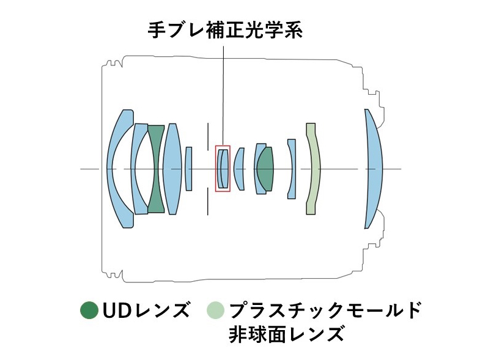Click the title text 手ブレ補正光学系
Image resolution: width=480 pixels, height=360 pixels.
(224, 31)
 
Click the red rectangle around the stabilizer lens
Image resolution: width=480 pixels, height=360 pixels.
(223, 147)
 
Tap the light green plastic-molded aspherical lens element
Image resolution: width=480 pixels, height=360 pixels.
(313, 169)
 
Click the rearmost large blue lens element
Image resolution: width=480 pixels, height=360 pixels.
(373, 168)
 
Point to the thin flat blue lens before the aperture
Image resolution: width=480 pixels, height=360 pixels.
(189, 169)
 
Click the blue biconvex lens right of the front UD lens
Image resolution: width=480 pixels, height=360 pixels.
(172, 169)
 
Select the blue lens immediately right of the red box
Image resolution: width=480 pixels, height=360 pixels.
(239, 169)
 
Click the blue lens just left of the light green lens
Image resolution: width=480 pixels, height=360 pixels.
(292, 169)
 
